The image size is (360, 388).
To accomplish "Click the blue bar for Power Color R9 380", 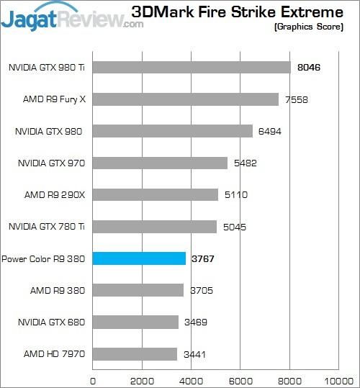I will [139, 258].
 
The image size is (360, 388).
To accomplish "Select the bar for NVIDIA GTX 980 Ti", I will [192, 67].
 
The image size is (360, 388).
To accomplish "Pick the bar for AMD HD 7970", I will [135, 353].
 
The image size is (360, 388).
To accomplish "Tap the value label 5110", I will [235, 194].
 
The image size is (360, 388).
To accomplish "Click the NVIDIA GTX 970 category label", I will [50, 163].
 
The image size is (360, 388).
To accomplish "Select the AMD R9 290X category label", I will [55, 194].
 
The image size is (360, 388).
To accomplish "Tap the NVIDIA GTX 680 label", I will [50, 322].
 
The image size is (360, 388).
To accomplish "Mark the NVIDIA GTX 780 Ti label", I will [47, 227].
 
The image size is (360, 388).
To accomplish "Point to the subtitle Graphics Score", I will [314, 27].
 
